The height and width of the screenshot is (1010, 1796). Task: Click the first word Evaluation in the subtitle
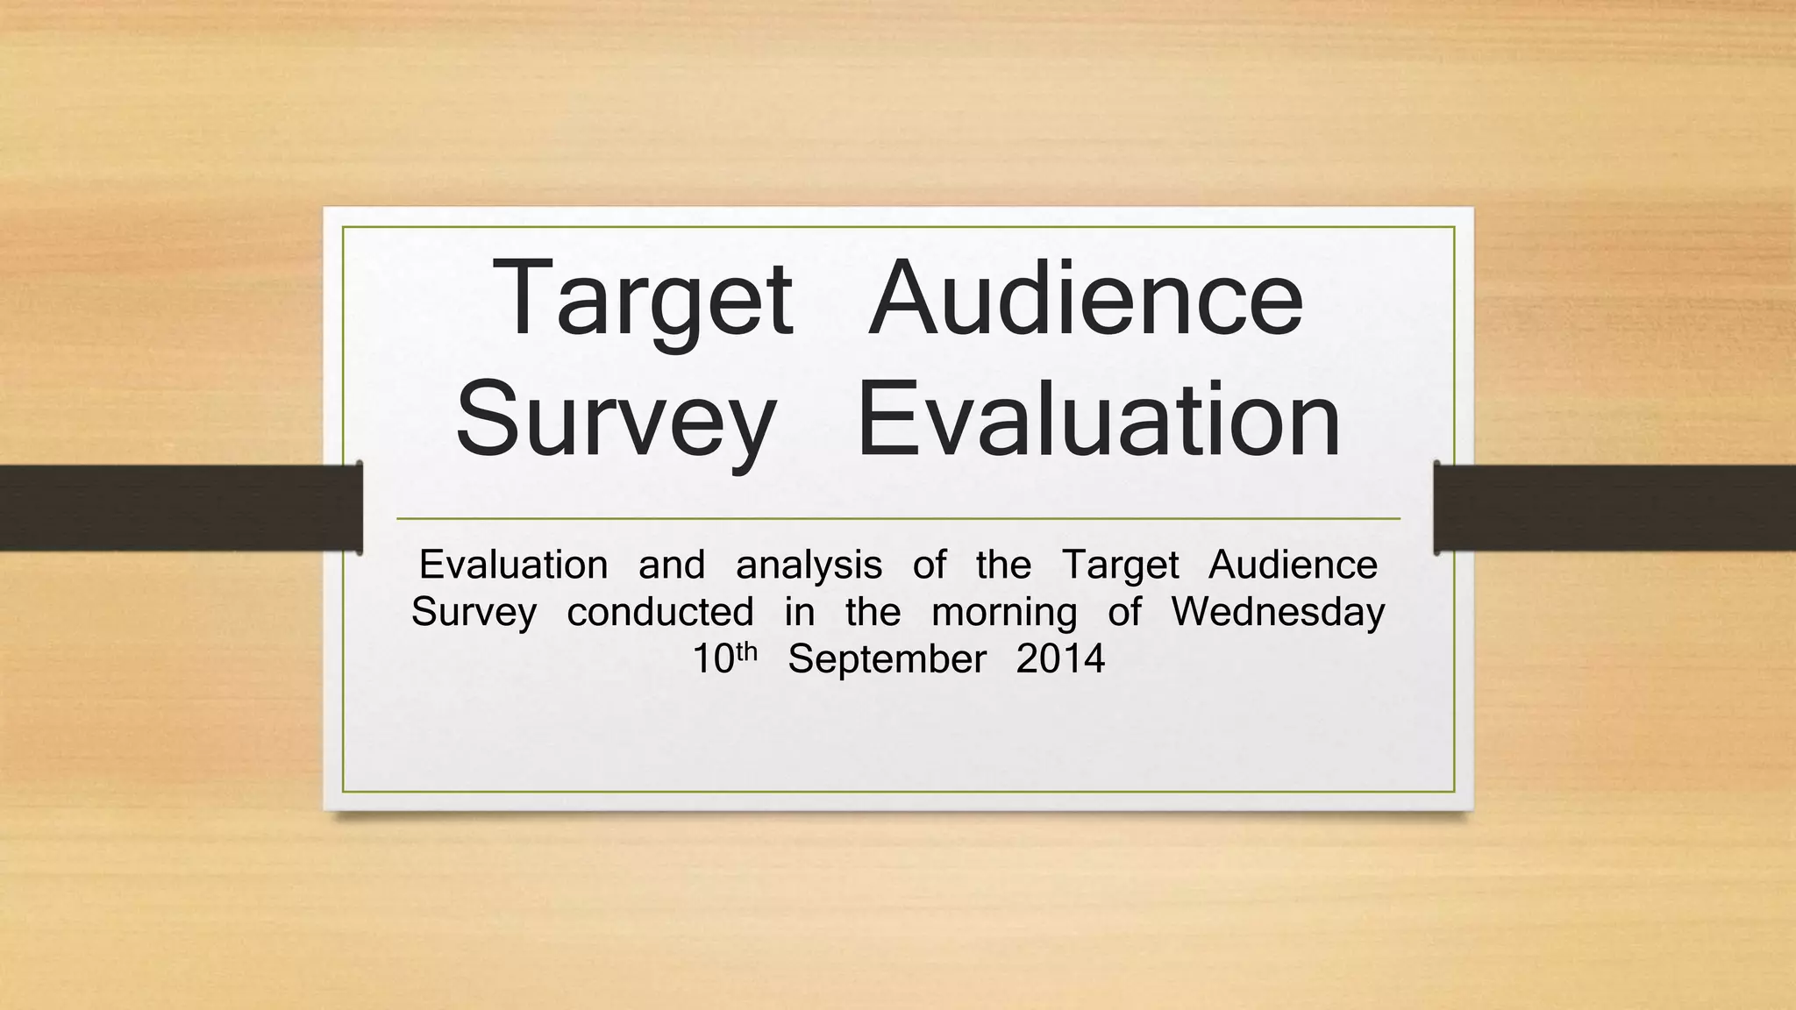(x=513, y=565)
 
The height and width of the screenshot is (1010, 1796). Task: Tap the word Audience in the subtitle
(x=1293, y=565)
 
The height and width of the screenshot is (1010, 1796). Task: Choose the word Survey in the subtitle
(x=474, y=613)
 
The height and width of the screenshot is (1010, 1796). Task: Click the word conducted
(x=660, y=611)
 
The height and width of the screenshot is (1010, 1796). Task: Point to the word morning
(x=1004, y=613)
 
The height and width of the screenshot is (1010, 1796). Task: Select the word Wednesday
(x=1278, y=613)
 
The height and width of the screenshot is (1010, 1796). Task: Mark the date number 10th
(x=724, y=658)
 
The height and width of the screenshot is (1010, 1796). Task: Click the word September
(x=887, y=660)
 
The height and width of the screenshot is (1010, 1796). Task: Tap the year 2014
(x=1060, y=658)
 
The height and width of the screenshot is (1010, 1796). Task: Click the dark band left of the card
(x=175, y=508)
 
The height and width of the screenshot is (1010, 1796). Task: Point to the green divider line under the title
(x=898, y=519)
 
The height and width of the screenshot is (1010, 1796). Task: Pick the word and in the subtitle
(x=672, y=565)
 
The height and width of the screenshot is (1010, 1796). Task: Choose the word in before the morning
(x=799, y=611)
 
